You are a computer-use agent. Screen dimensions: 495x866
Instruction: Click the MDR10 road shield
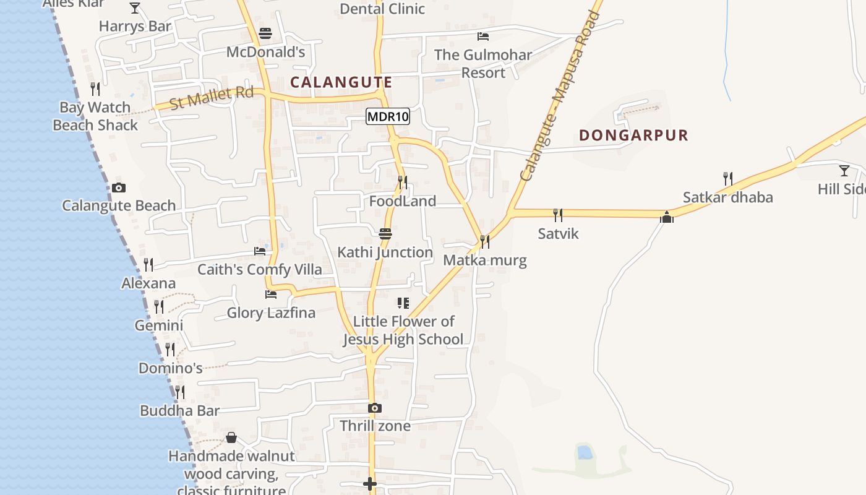pos(388,116)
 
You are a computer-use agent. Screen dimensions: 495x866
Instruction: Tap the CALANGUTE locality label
pos(341,82)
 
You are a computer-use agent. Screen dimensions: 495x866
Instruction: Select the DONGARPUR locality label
pos(633,136)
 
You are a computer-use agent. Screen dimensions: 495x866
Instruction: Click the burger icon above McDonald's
pos(265,33)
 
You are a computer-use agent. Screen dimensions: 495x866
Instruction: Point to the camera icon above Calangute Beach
pos(119,187)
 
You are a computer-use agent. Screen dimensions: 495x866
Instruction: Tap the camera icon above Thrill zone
pos(374,408)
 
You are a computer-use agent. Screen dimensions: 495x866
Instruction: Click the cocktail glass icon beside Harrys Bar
pos(135,8)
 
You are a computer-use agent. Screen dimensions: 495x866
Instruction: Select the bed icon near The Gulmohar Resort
pos(483,37)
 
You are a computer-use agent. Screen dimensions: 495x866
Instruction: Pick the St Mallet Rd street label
pos(212,98)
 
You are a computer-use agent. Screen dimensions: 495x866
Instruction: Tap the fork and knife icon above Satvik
pos(558,215)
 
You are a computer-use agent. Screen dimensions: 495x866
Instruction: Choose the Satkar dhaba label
pos(727,197)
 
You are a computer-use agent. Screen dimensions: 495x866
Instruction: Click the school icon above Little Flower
pos(403,303)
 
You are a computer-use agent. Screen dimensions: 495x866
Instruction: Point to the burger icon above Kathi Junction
pos(385,234)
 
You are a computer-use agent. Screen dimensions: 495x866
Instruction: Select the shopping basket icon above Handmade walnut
pos(231,437)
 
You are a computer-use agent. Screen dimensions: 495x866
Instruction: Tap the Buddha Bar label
pos(179,411)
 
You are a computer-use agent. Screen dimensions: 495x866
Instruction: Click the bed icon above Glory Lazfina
pos(270,295)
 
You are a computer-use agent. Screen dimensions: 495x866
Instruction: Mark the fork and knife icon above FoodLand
pos(403,182)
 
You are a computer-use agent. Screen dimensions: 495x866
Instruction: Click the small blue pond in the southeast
pos(585,452)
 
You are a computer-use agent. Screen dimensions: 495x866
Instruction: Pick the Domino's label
pos(170,368)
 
